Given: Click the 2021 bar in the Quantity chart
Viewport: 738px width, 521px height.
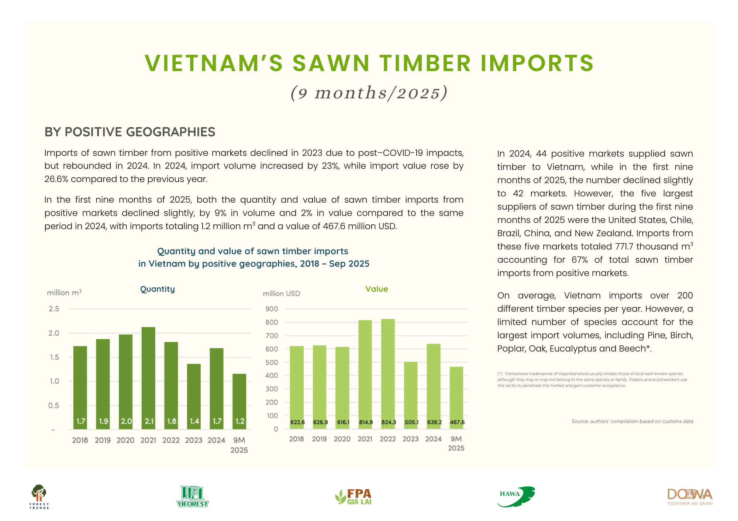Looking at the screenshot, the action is pyautogui.click(x=148, y=378).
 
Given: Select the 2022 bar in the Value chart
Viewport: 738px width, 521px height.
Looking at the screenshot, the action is pyautogui.click(x=388, y=374).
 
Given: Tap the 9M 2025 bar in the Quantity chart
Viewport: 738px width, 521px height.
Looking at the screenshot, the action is pyautogui.click(x=239, y=402).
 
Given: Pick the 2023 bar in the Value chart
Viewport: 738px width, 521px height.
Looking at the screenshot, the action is pyautogui.click(x=411, y=395).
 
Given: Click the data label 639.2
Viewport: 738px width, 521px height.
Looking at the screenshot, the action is pyautogui.click(x=434, y=422).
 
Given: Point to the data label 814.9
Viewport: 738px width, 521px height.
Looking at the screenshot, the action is pyautogui.click(x=366, y=422).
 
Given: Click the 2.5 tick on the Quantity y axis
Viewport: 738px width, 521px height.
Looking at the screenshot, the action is pyautogui.click(x=54, y=309).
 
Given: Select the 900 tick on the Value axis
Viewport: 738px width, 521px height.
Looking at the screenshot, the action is pyautogui.click(x=272, y=309).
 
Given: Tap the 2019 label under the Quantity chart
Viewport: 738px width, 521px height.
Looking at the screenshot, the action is pyautogui.click(x=103, y=440).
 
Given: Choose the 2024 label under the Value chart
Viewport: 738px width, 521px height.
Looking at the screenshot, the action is pyautogui.click(x=433, y=439).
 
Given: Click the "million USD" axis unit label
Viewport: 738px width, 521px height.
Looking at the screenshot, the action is pyautogui.click(x=282, y=294).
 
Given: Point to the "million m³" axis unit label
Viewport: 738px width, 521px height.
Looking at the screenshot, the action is pyautogui.click(x=64, y=293).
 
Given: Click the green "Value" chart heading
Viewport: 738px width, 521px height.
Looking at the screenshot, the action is pyautogui.click(x=377, y=289).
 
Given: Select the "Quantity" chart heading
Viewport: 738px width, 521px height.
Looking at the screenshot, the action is pyautogui.click(x=158, y=289).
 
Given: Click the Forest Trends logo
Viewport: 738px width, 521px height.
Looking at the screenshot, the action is pyautogui.click(x=39, y=497).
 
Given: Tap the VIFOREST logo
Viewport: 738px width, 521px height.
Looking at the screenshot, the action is pyautogui.click(x=192, y=497).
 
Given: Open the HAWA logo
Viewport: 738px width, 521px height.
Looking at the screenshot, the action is pyautogui.click(x=516, y=497).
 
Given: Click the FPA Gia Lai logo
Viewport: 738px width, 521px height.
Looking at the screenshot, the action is pyautogui.click(x=353, y=497).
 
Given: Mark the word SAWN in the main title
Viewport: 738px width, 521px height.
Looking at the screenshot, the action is pyautogui.click(x=331, y=63).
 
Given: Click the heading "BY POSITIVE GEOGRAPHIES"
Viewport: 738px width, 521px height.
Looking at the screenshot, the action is pyautogui.click(x=130, y=132).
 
